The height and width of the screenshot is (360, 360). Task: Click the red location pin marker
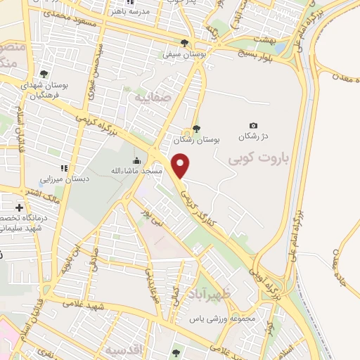(x=181, y=166)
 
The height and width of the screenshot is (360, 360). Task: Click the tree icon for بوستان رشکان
(x=196, y=128)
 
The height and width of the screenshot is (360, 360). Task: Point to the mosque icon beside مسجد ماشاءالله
(x=136, y=160)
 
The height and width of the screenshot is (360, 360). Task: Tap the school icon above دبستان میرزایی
(x=64, y=167)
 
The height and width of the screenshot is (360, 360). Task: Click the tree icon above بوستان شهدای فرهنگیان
(x=44, y=73)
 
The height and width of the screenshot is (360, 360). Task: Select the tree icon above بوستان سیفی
(x=185, y=42)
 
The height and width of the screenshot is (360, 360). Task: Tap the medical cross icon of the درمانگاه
(x=19, y=207)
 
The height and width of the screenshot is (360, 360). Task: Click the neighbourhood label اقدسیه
(x=122, y=349)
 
